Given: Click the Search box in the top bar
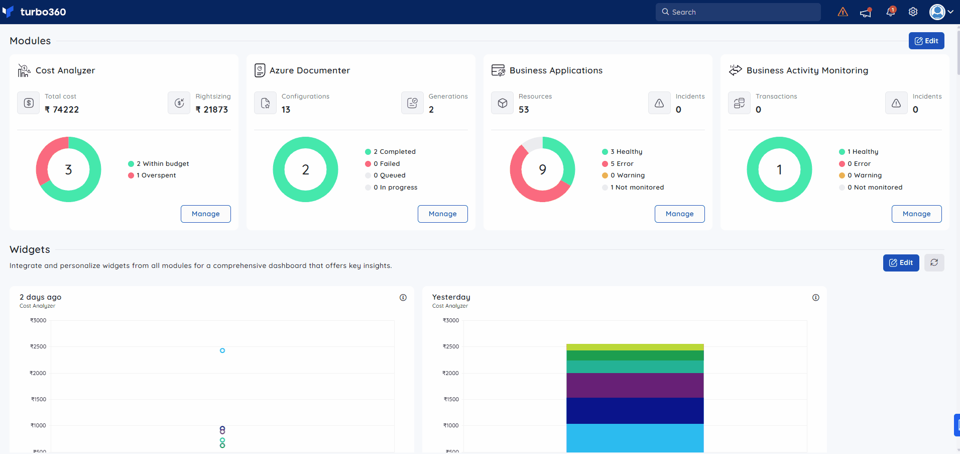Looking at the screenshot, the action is tap(738, 12).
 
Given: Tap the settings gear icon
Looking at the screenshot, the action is tap(913, 12).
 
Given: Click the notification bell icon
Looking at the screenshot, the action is tap(891, 12).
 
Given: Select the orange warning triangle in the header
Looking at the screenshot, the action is tap(843, 12).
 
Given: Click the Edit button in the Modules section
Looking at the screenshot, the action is tap(926, 41).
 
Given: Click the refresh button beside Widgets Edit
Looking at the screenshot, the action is tap(934, 262).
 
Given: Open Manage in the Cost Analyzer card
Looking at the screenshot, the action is tap(206, 214).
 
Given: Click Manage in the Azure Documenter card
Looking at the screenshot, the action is tap(443, 214).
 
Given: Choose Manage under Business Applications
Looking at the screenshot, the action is tap(680, 214).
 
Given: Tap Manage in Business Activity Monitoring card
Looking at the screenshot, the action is tap(917, 214).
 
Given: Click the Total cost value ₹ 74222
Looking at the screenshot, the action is tap(62, 110).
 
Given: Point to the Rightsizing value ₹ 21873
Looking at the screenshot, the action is tap(212, 110).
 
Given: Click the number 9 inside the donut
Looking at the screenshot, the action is tap(543, 170).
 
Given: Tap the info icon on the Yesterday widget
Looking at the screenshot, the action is tap(816, 298).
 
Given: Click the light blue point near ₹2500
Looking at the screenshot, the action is tap(222, 350).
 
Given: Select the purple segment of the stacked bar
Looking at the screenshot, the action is tap(635, 385).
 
